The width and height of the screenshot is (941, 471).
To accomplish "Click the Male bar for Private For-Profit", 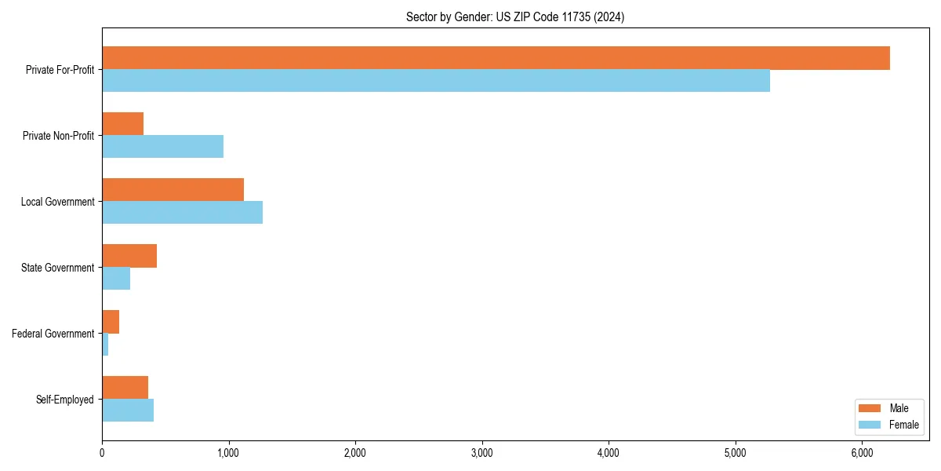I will click(x=496, y=58).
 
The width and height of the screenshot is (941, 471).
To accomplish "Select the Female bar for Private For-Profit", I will click(x=436, y=80).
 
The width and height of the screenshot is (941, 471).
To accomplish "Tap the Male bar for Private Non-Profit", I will click(x=123, y=124).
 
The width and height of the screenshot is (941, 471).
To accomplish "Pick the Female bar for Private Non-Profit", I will click(x=163, y=146).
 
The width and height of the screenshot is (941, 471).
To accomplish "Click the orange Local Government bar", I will click(x=173, y=190).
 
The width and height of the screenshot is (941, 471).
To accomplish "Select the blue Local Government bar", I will click(x=182, y=212).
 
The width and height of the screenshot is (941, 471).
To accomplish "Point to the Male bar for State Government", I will click(x=129, y=256).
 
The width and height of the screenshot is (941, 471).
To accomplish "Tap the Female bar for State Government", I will click(x=116, y=278).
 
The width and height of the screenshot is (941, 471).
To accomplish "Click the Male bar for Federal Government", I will click(x=111, y=322).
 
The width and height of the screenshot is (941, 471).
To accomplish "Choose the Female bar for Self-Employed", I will click(x=128, y=410).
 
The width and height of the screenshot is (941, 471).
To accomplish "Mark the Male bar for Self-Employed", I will click(x=125, y=388).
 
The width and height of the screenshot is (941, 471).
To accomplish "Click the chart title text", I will click(x=515, y=16).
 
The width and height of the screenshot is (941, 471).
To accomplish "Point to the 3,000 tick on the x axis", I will click(x=481, y=452).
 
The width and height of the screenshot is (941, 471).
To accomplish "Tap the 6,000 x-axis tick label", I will click(x=862, y=452).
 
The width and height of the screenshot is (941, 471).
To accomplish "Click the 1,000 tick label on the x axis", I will click(x=228, y=452).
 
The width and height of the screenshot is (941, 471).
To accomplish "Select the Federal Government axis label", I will click(x=53, y=334).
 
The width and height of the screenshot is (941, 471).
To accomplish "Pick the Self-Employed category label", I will click(x=65, y=400).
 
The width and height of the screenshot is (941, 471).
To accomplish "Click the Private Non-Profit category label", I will click(x=59, y=136).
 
